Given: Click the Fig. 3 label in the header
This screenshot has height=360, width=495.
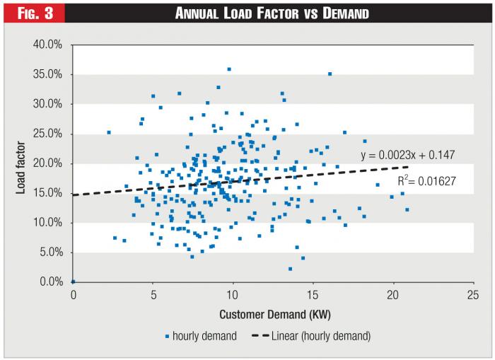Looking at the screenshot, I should coord(31,13).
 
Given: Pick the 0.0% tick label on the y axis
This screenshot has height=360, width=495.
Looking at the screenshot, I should coord(52,282).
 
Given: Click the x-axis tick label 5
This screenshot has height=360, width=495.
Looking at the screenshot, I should coord(153,296).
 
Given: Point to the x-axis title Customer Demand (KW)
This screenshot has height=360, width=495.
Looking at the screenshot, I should coord(272,313).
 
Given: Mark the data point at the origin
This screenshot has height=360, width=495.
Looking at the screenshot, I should coord(73,281).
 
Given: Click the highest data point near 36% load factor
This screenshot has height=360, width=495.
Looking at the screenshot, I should coord(229,69).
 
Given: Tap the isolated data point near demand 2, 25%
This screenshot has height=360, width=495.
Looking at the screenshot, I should coord(109,132).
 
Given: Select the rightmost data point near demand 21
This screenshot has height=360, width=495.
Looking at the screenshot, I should coord(407,209).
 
